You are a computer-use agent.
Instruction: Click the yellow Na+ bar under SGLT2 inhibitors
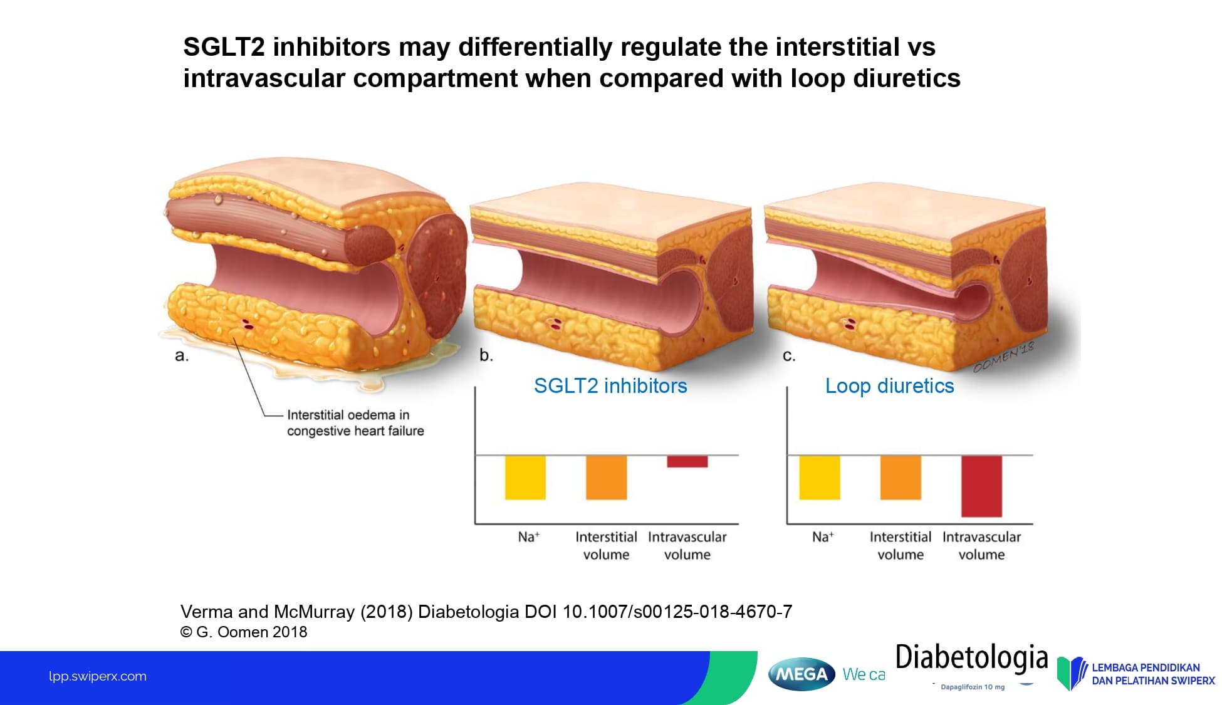click(525, 478)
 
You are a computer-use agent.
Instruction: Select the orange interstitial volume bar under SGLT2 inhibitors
click(606, 478)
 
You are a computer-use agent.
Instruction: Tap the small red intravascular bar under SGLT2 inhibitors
click(687, 461)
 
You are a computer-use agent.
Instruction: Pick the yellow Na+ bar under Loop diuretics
click(820, 478)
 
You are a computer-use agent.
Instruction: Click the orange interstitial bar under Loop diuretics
click(901, 478)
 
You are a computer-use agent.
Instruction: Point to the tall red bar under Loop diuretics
click(981, 486)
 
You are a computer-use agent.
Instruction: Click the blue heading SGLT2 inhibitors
click(610, 386)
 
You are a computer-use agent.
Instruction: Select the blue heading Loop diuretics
click(889, 386)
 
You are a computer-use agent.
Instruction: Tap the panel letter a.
click(181, 356)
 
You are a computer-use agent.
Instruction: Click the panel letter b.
click(486, 355)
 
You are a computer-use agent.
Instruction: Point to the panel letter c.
click(789, 356)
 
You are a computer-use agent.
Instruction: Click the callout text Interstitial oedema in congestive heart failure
click(355, 423)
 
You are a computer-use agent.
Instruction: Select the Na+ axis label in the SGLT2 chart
click(528, 537)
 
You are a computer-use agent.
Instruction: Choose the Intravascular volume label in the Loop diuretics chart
click(981, 545)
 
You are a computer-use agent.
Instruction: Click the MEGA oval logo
click(802, 674)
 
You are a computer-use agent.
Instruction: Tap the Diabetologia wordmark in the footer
click(971, 658)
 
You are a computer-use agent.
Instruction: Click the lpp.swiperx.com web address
click(98, 676)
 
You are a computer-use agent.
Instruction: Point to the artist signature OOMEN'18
click(1003, 358)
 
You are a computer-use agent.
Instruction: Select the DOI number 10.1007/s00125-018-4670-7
click(677, 612)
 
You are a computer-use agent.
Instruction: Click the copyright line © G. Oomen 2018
click(244, 632)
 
